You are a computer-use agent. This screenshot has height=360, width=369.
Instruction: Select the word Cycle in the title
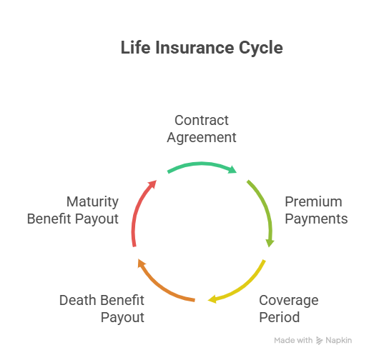click(x=260, y=49)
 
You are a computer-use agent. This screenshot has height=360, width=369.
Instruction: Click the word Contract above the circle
click(x=202, y=120)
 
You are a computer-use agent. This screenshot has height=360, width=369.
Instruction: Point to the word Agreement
click(x=202, y=136)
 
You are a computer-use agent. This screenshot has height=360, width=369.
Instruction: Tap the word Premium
click(x=313, y=201)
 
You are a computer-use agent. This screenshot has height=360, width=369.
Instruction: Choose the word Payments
click(x=317, y=218)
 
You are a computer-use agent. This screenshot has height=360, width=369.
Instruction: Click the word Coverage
click(x=288, y=300)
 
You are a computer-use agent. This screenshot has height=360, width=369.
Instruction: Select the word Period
click(x=279, y=316)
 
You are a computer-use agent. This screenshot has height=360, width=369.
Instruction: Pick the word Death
click(x=77, y=300)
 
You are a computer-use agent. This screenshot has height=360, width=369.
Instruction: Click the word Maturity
click(x=92, y=201)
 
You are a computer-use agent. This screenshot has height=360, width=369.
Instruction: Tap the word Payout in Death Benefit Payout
click(x=122, y=316)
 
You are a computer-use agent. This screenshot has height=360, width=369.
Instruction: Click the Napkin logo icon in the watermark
click(x=320, y=341)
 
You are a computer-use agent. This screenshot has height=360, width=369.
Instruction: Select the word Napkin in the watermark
click(x=338, y=341)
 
